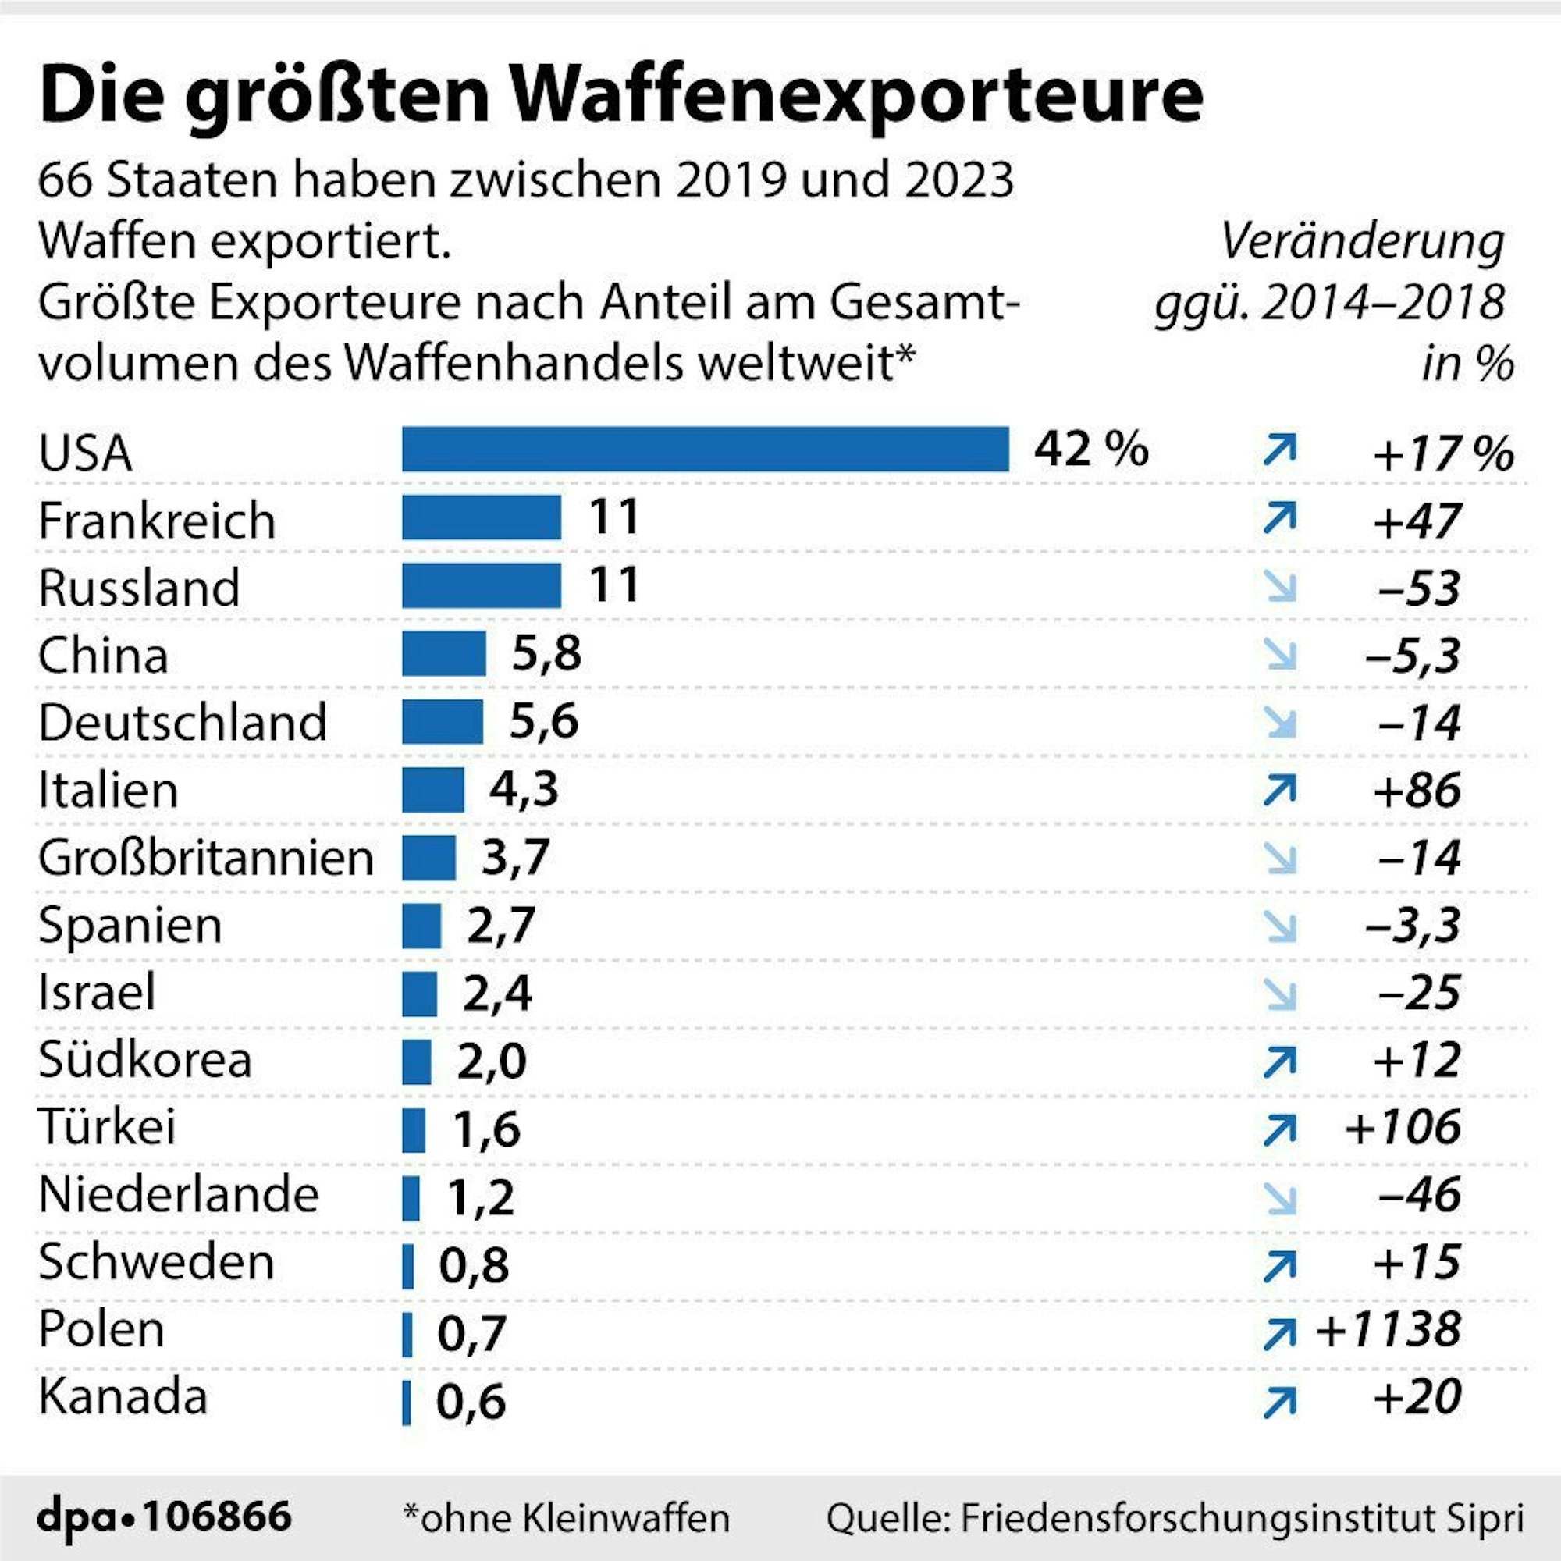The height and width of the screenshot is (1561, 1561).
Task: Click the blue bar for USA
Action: click(x=705, y=450)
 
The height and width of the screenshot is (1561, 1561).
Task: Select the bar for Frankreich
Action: click(x=482, y=517)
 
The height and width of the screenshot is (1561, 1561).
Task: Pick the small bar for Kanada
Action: click(x=407, y=1403)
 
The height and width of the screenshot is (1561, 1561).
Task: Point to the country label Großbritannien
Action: click(x=206, y=858)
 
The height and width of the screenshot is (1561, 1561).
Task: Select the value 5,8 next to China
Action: click(x=546, y=652)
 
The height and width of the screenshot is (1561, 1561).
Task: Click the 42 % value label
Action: click(x=1091, y=450)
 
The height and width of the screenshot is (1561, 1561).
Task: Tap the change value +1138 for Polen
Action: click(x=1388, y=1330)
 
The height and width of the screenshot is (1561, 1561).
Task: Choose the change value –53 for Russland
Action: click(x=1419, y=588)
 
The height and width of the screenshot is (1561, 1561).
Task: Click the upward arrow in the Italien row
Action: click(x=1279, y=790)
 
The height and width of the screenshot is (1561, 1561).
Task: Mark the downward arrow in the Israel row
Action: click(x=1281, y=994)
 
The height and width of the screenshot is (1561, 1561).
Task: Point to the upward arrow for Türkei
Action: click(x=1279, y=1130)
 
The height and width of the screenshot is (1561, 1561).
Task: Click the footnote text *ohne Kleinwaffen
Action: click(x=566, y=1518)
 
